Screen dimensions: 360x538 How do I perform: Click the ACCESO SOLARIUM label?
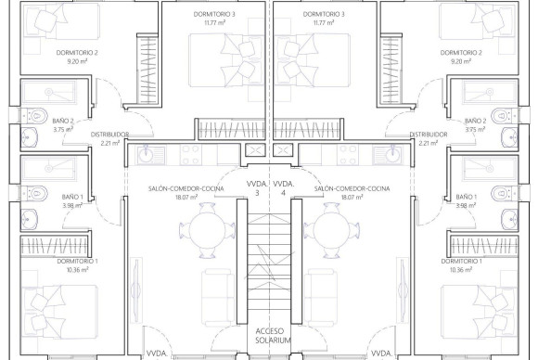[x=270, y=335]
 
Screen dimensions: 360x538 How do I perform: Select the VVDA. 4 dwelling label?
[x=287, y=188]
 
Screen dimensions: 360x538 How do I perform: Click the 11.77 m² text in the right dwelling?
[x=324, y=22]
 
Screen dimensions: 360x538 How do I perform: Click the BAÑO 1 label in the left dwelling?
[x=72, y=197]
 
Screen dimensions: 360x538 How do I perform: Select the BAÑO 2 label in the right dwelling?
[x=476, y=120]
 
